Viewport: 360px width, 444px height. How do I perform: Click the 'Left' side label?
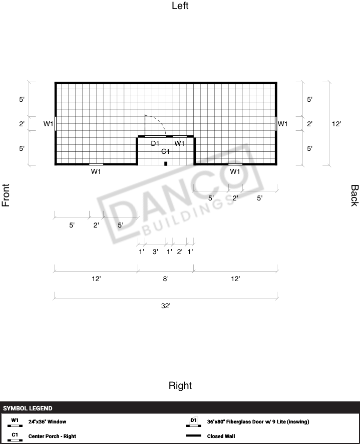180,6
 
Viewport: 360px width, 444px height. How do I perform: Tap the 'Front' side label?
6,195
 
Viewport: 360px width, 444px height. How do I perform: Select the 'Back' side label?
354,195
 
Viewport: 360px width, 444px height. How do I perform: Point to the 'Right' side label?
180,385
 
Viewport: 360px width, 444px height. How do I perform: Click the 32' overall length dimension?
166,306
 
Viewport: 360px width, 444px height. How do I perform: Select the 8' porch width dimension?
166,279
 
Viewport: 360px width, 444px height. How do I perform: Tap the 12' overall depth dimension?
336,124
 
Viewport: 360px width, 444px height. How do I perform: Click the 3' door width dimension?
155,252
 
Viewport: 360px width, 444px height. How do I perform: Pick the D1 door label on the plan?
155,143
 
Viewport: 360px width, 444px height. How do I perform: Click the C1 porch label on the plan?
165,151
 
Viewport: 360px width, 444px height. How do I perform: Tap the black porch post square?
166,164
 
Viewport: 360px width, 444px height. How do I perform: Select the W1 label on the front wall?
48,124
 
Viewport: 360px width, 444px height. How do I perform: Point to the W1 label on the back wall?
282,124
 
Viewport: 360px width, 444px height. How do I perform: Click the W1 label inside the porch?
179,143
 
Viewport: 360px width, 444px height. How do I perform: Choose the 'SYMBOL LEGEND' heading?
28,408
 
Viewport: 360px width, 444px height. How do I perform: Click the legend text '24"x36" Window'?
47,421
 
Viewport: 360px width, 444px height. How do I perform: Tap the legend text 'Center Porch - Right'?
52,436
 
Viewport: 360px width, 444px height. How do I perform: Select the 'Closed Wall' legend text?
221,436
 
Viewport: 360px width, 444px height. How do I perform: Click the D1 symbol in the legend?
194,421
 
